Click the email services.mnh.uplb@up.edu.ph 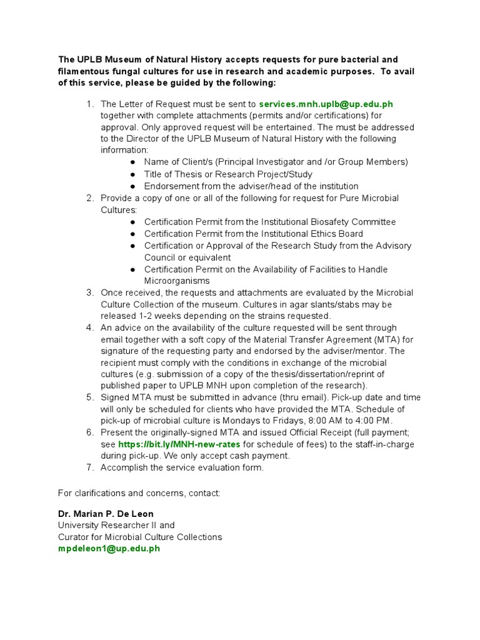point(326,104)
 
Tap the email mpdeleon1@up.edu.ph point(109,549)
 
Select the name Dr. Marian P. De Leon point(106,514)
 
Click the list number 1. point(90,104)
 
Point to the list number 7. point(90,467)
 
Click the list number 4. point(90,327)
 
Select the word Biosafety point(331,222)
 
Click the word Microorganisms point(177,281)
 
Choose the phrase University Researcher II point(110,526)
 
